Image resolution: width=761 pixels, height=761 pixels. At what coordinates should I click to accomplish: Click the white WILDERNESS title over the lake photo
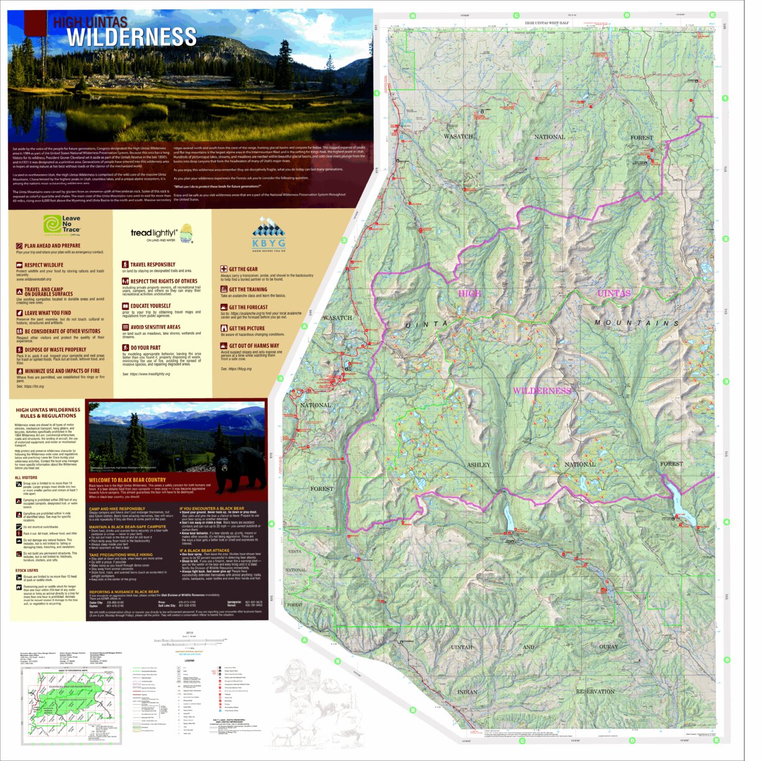coord(131,37)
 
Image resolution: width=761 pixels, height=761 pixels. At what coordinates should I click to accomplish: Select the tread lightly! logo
coord(161,233)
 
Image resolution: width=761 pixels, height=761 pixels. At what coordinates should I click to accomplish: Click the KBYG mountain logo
coord(269,233)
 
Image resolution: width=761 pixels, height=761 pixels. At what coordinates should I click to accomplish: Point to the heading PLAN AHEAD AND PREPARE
coord(52,246)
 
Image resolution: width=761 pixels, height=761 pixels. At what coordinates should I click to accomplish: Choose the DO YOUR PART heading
coord(145,348)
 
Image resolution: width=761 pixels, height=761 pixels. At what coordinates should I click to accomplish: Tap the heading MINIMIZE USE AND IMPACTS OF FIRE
coord(62,371)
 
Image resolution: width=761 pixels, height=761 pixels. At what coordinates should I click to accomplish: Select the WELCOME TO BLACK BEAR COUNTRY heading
coord(128,480)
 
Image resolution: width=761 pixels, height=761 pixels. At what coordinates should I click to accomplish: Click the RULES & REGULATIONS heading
coord(48,416)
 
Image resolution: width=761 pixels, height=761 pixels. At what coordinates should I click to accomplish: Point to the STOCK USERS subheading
coord(27,570)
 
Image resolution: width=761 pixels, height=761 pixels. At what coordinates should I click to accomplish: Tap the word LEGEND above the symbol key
coord(189,661)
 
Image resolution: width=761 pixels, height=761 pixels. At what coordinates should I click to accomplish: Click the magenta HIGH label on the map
coord(469,293)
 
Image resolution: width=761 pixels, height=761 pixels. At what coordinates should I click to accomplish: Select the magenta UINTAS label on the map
coord(614,293)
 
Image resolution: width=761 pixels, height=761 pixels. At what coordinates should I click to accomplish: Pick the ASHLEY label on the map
coord(478,465)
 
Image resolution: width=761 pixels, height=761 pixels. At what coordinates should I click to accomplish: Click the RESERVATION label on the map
coord(595,691)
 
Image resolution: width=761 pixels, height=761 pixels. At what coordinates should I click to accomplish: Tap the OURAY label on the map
coord(609,647)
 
